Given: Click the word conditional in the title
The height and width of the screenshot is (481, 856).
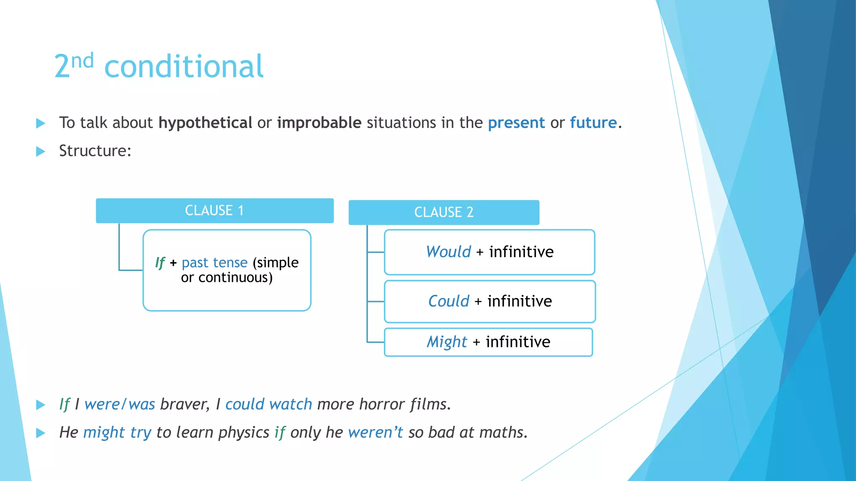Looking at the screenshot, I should coord(184,67).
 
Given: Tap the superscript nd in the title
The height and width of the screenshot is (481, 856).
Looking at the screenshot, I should coord(82,61).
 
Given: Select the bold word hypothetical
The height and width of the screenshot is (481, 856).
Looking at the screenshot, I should coord(205,123).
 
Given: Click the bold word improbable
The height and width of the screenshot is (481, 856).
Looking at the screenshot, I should coord(319,123).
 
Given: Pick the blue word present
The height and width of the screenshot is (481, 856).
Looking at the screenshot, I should coord(516,123).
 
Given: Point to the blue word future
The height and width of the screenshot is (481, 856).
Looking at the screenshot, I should coord(593,123).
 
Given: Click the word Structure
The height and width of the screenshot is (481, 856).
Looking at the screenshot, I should coord(95,151).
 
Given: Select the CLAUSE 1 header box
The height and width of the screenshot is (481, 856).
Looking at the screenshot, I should coord(214,210).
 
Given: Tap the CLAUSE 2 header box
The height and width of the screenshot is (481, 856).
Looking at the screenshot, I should coord(443,212).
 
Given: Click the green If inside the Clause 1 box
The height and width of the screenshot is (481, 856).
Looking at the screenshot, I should coord(160,263).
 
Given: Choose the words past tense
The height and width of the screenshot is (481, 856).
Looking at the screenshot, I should coord(214,263).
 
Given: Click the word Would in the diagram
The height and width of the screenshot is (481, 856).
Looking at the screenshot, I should coord(448,252).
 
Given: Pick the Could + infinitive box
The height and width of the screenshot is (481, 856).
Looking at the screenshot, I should coord(489,301).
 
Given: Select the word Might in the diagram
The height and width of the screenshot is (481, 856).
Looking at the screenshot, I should coord(446,342).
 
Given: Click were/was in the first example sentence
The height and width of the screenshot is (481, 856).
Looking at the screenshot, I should coord(120,404).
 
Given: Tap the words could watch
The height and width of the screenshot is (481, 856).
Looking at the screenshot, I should coord(268,404).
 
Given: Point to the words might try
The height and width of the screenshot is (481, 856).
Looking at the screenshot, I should coord(117,433).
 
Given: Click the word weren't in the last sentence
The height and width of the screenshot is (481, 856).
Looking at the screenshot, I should coord(375,433).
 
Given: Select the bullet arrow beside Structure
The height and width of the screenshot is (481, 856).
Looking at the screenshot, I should coord(41,151).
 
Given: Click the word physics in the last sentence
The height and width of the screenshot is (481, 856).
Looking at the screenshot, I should coord(244,433).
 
